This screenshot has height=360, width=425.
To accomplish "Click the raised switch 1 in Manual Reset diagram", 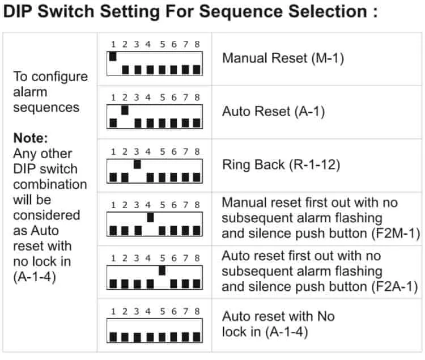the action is click(x=113, y=56).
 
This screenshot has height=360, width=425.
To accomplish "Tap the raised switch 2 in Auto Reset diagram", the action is click(x=125, y=110).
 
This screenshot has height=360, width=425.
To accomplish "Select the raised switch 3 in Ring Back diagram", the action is click(x=137, y=164).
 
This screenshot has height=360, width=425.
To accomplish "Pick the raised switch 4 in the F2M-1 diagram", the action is click(x=150, y=217).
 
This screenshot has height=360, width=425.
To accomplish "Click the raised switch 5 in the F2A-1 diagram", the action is click(x=162, y=270).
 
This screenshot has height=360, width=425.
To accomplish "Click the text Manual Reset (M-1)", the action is click(x=283, y=58).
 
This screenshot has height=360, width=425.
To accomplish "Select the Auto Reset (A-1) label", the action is click(x=273, y=112).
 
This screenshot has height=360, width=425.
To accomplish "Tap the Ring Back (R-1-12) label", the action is click(x=281, y=165).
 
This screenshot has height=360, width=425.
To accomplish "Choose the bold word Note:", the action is click(x=31, y=138).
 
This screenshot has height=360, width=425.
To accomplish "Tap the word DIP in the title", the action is click(x=19, y=11).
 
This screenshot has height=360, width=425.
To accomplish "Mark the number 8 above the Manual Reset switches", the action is click(x=197, y=44).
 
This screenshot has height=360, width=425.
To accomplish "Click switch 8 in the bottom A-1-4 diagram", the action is click(x=197, y=337).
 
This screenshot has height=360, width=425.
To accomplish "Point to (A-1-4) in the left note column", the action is click(x=35, y=277).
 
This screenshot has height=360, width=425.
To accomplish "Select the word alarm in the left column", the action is click(x=30, y=92).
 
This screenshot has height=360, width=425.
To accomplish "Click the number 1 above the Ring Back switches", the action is click(x=113, y=151).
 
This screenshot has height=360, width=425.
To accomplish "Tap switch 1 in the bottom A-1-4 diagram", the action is click(x=113, y=337).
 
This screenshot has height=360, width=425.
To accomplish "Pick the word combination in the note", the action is click(x=50, y=184).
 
